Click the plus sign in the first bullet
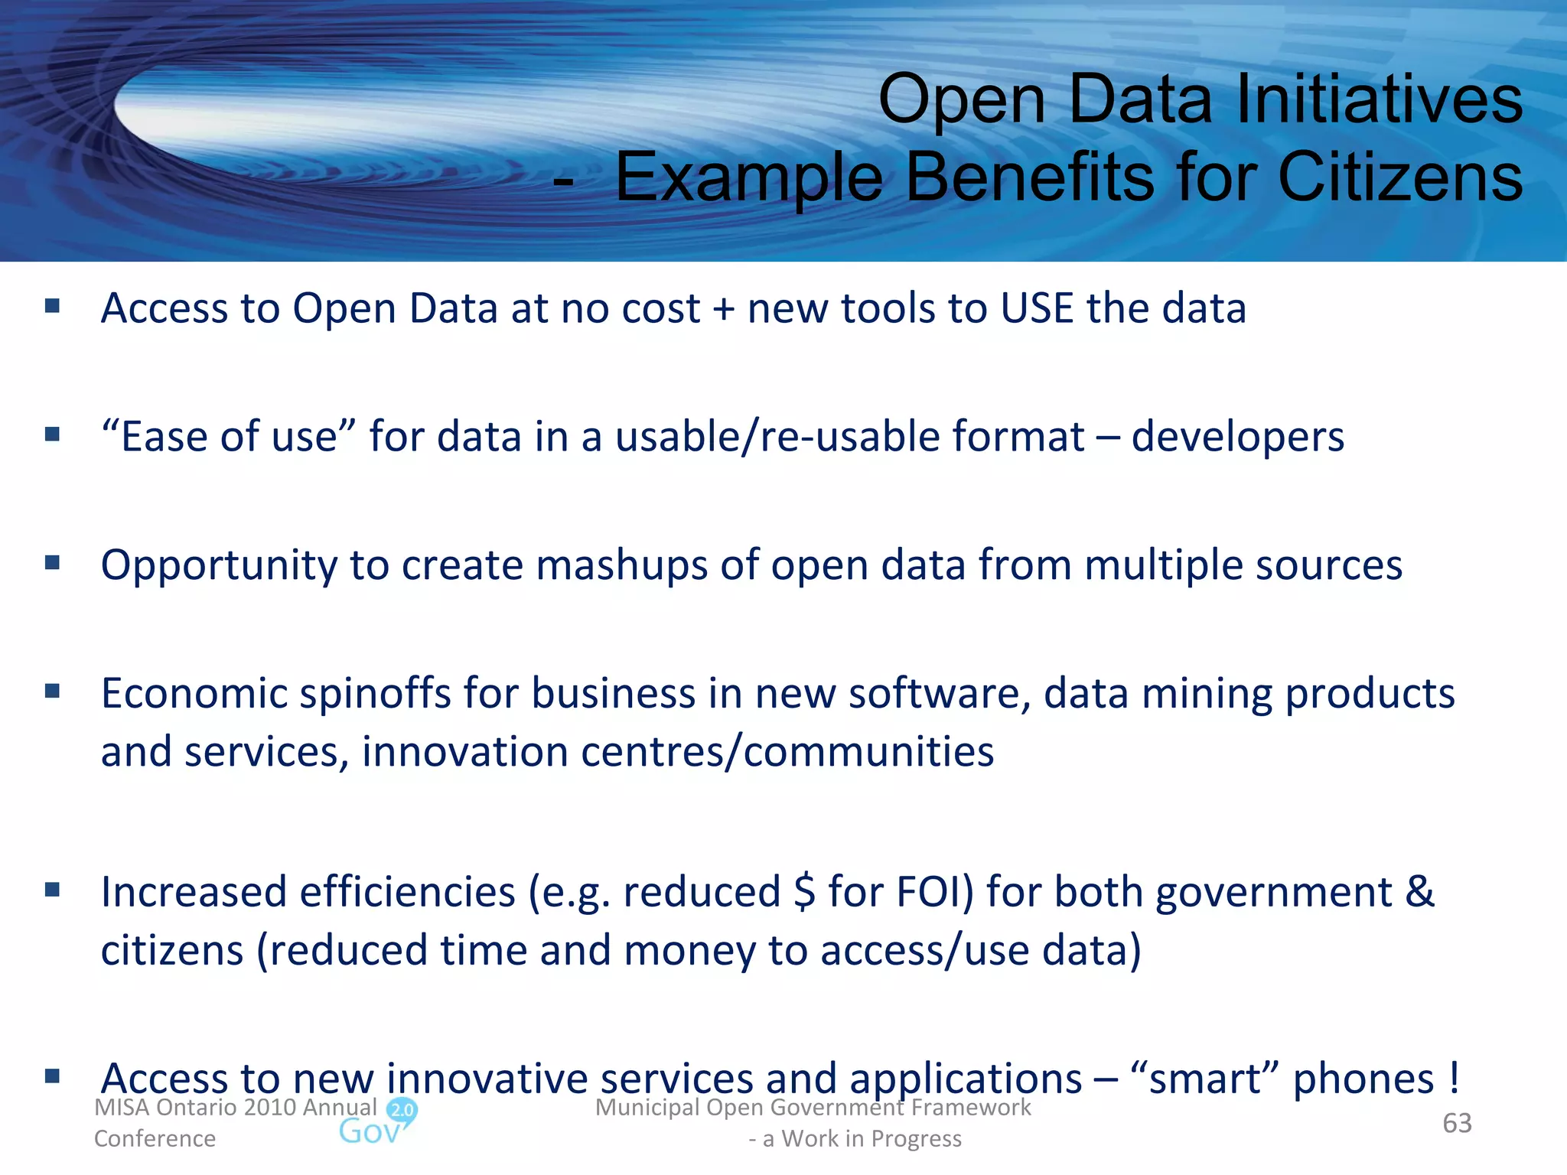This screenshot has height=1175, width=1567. click(723, 310)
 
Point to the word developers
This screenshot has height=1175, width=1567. click(1237, 438)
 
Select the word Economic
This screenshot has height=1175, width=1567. click(194, 694)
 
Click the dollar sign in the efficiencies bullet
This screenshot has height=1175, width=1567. click(804, 893)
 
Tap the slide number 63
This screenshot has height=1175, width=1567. click(1457, 1123)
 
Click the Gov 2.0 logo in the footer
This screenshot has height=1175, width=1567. click(378, 1123)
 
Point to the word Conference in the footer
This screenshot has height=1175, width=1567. click(155, 1139)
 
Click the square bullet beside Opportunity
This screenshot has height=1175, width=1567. click(52, 564)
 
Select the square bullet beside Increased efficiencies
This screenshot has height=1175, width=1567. click(52, 890)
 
